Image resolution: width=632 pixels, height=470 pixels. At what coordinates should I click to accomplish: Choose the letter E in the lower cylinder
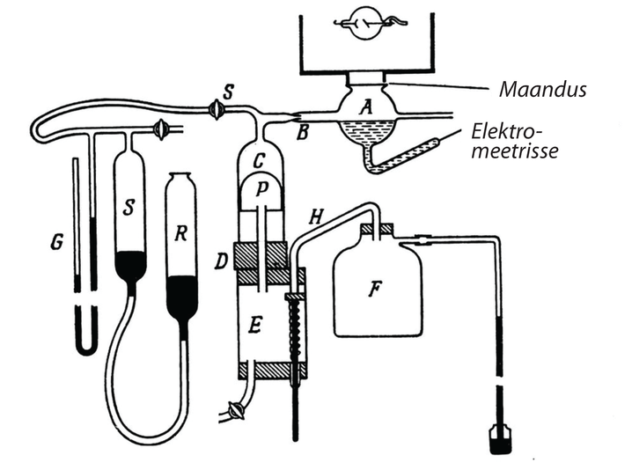coord(255,326)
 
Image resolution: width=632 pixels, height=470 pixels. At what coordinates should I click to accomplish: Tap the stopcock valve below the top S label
coord(216,110)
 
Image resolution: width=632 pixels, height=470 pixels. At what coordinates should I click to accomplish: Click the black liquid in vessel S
coord(132,264)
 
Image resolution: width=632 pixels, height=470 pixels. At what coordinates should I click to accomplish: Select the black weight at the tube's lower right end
coord(499,438)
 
